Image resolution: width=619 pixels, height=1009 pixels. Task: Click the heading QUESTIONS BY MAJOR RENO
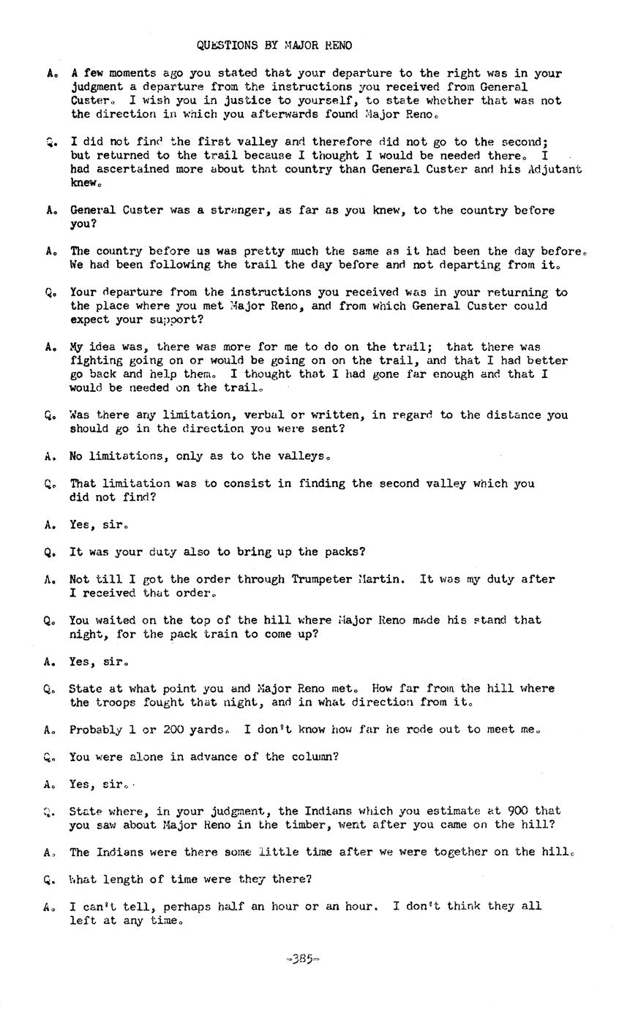pyautogui.click(x=274, y=45)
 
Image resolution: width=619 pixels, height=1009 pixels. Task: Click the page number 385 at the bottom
pyautogui.click(x=304, y=959)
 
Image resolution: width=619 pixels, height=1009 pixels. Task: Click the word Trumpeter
pyautogui.click(x=323, y=579)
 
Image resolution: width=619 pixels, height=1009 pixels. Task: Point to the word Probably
pyautogui.click(x=96, y=730)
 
